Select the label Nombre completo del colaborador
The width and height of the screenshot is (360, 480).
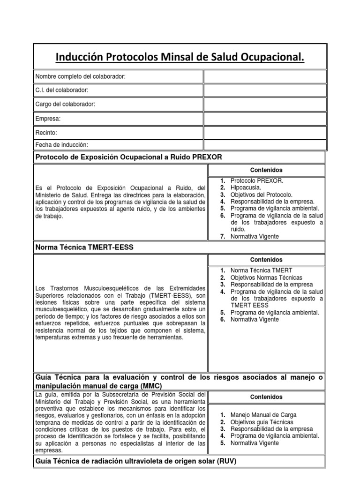pyautogui.click(x=81, y=76)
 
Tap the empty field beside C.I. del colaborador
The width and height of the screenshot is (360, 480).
pyautogui.click(x=264, y=90)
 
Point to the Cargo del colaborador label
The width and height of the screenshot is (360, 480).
pyautogui.click(x=66, y=104)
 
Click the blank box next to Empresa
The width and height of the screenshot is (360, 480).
pyautogui.click(x=264, y=119)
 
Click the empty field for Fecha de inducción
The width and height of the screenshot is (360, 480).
pyautogui.click(x=264, y=145)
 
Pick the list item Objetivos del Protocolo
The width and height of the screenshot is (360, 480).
pyautogui.click(x=261, y=195)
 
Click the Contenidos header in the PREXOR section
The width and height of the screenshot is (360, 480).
pyautogui.click(x=266, y=170)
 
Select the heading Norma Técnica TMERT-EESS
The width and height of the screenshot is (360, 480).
pyautogui.click(x=85, y=247)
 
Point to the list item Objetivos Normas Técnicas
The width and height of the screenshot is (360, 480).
pyautogui.click(x=266, y=277)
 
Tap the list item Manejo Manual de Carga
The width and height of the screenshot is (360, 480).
pyautogui.click(x=263, y=415)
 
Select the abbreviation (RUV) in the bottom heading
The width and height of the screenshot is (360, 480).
pyautogui.click(x=227, y=461)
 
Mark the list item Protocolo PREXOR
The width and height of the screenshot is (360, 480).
pyautogui.click(x=257, y=180)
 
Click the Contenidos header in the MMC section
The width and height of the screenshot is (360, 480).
pyautogui.click(x=266, y=397)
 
